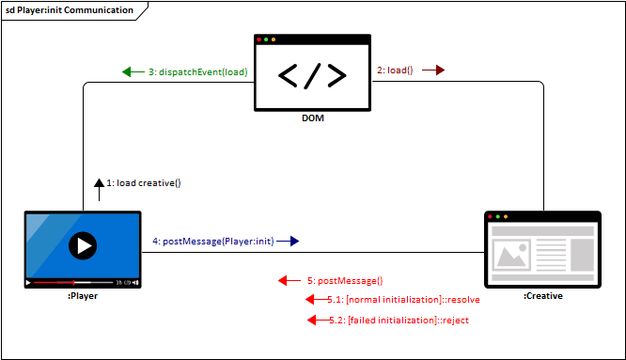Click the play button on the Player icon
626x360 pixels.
click(x=84, y=246)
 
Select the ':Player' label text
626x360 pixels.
click(x=83, y=295)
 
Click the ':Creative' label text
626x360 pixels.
click(x=542, y=295)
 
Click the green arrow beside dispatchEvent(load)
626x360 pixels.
click(x=131, y=72)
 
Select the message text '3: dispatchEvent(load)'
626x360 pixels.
click(x=197, y=72)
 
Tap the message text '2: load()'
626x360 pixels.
click(x=395, y=70)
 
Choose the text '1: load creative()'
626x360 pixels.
click(x=143, y=182)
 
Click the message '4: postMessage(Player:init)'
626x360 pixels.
click(x=212, y=241)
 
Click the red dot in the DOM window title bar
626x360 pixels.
click(x=260, y=39)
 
